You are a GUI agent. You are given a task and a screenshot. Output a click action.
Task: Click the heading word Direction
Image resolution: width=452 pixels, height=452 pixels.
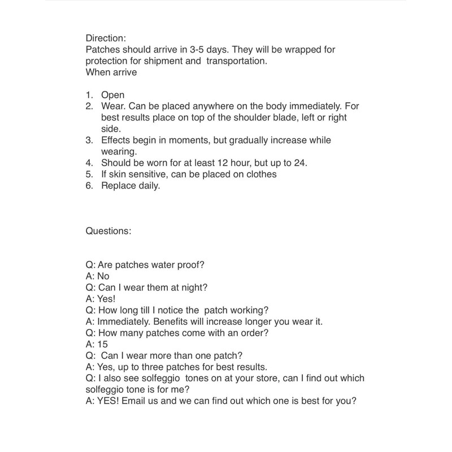pyautogui.click(x=105, y=38)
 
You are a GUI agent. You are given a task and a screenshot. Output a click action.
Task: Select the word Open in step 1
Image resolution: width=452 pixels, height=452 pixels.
pyautogui.click(x=112, y=95)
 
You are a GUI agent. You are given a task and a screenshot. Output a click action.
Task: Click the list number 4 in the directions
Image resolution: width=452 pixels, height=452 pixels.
pyautogui.click(x=89, y=163)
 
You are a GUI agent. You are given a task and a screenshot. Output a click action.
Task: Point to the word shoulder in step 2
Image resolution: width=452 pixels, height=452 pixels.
pyautogui.click(x=268, y=118)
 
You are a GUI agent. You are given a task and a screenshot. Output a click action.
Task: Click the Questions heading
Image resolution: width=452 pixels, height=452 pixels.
pyautogui.click(x=108, y=231)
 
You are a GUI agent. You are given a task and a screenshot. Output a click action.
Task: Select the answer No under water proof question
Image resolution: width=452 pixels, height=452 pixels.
pyautogui.click(x=103, y=276)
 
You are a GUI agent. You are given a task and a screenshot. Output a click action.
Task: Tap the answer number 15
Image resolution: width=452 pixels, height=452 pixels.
pyautogui.click(x=102, y=344)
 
